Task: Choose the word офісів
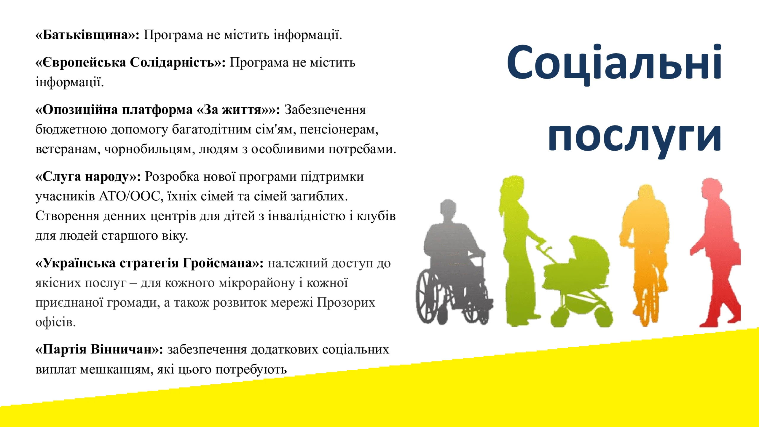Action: pos(55,322)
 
